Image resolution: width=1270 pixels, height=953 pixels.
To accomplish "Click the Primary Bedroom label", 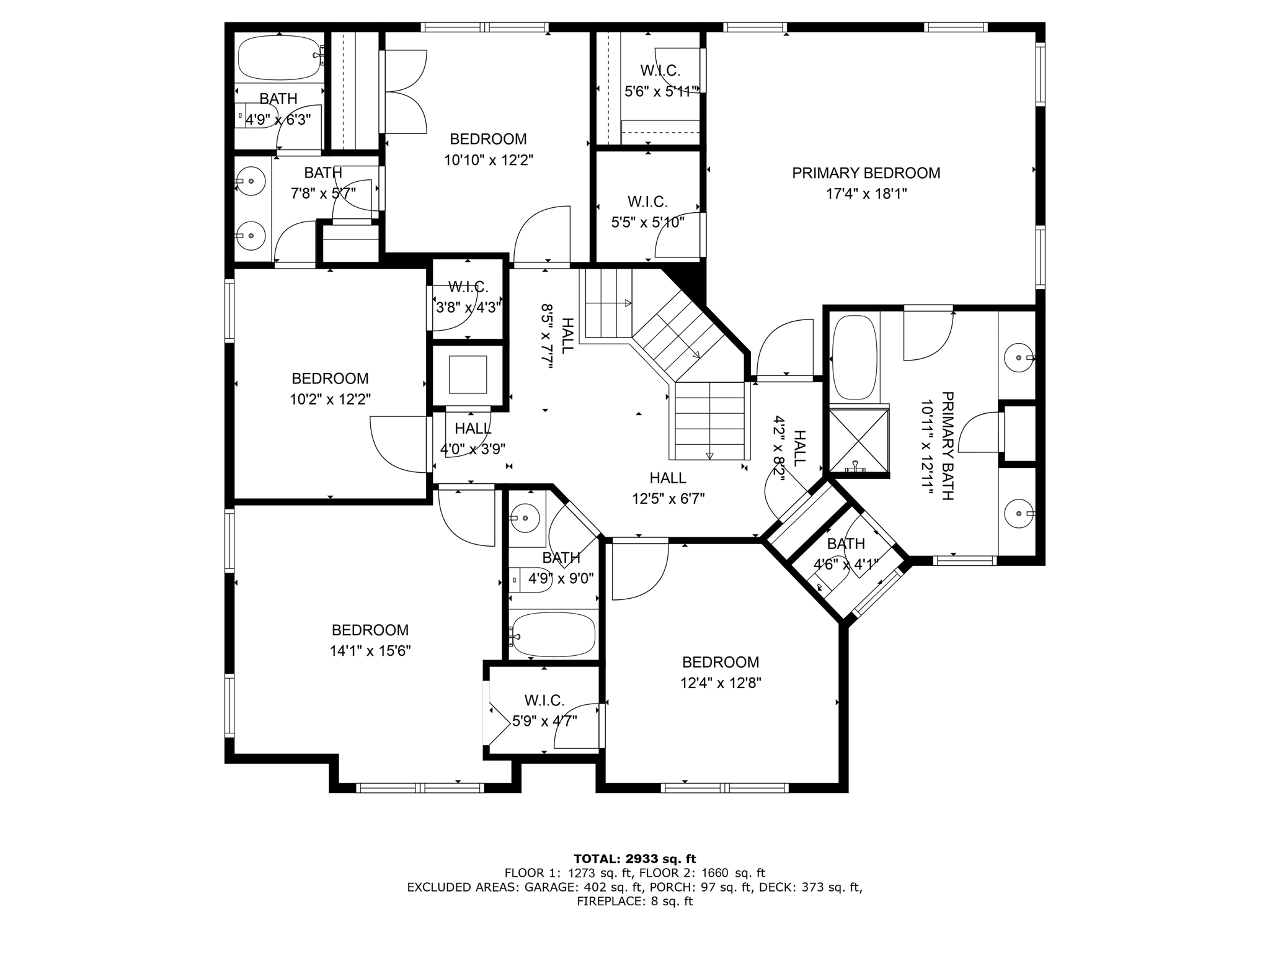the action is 866,173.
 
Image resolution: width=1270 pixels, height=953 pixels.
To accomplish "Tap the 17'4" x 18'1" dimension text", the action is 866,194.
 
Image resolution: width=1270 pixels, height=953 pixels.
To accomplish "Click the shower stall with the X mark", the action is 859,441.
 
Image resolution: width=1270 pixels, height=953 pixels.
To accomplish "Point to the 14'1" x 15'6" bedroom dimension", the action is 370,651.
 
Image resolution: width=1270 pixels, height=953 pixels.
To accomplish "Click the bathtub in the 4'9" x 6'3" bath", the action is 279,56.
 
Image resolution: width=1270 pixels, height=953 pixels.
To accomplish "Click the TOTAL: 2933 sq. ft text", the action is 635,859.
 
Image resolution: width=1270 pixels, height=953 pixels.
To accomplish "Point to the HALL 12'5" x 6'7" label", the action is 668,488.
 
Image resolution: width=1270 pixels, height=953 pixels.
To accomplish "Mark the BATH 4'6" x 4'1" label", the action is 846,554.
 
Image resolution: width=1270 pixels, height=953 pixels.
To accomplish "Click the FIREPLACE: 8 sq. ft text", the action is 635,902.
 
